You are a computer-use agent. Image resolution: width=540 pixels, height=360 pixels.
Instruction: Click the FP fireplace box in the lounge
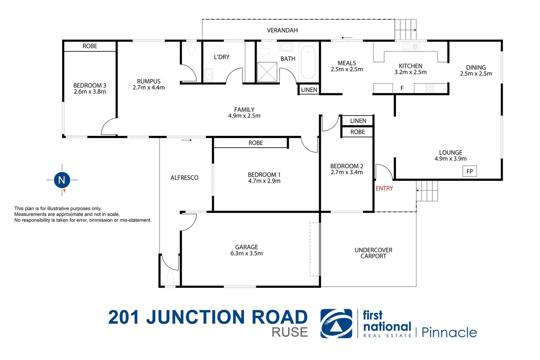470,171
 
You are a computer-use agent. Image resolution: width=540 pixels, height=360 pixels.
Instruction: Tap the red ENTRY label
384,188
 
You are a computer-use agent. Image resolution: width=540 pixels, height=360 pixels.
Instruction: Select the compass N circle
62,180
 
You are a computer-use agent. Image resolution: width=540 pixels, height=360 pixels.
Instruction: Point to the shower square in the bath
267,72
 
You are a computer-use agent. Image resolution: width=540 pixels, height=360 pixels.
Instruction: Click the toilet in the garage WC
170,279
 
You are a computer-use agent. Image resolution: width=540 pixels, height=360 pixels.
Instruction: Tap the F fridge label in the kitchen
402,88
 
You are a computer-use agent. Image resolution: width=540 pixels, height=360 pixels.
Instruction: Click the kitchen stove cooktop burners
430,88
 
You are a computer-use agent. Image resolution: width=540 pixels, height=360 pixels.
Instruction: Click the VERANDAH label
282,30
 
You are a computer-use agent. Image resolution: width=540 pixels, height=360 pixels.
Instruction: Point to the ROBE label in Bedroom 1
255,143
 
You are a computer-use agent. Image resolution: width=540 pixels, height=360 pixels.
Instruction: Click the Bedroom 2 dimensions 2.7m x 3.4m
347,172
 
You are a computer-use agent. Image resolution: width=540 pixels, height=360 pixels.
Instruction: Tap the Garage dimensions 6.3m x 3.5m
246,253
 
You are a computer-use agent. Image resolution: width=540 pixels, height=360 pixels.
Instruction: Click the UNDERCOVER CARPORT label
373,253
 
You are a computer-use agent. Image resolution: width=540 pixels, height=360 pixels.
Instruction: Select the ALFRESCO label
184,178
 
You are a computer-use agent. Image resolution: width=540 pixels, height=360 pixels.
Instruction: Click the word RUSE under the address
290,332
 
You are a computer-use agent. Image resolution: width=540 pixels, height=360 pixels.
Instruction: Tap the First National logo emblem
336,324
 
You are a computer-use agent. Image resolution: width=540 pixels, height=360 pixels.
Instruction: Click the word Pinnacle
449,332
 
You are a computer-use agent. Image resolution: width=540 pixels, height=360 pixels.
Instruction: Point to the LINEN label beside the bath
309,90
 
